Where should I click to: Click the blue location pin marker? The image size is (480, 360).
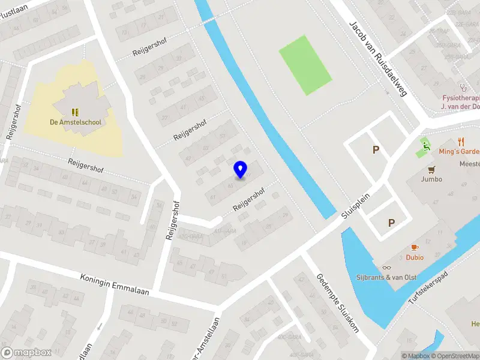[x=241, y=170]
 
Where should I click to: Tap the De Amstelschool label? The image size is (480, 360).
[x=76, y=122]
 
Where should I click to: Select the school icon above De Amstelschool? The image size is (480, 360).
[x=76, y=112]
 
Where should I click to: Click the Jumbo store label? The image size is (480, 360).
[x=431, y=179]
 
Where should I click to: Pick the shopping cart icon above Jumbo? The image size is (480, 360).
[x=431, y=169]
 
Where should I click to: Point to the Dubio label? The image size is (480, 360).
[x=414, y=257]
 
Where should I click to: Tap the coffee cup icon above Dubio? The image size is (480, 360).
[x=414, y=247]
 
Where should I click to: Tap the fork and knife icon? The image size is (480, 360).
[x=461, y=142]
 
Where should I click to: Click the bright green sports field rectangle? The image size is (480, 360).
[x=305, y=65]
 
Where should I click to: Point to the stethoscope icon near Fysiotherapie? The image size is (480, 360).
[x=463, y=87]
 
